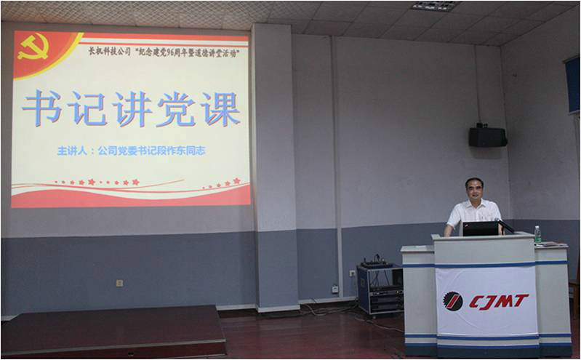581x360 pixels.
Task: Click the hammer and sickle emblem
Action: point(33,47)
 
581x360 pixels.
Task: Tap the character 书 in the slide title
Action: point(41,109)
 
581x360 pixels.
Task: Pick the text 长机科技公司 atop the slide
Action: point(109,52)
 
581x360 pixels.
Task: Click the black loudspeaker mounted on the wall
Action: point(487,137)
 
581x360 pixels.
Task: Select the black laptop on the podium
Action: point(480,228)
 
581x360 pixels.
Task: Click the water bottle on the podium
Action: point(537,234)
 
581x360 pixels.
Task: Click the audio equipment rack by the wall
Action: point(379,289)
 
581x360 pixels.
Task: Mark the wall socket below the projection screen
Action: point(119,283)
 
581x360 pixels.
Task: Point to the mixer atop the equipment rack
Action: point(377,263)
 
